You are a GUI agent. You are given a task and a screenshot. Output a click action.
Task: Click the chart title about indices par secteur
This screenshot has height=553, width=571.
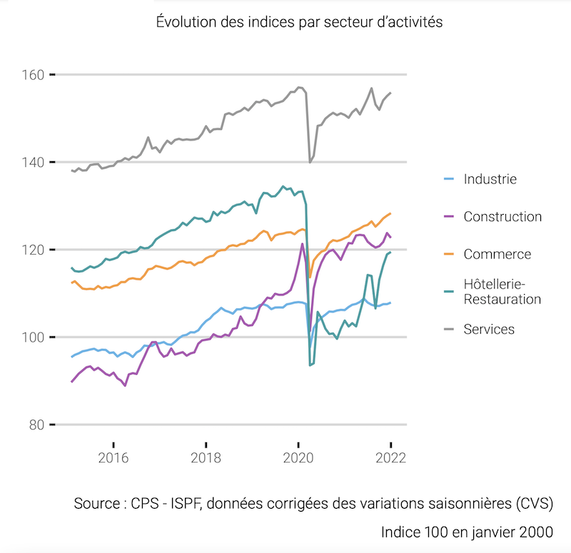(300, 22)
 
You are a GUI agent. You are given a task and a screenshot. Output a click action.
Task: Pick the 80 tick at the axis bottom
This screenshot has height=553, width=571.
(38, 425)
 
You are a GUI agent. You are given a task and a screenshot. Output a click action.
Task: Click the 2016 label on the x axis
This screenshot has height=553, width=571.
(113, 457)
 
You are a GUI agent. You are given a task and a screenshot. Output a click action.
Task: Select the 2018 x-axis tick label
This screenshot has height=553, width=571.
(206, 457)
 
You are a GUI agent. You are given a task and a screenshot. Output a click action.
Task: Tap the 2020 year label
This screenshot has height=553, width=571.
(298, 457)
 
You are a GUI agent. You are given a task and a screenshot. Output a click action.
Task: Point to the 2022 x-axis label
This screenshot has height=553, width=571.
(390, 457)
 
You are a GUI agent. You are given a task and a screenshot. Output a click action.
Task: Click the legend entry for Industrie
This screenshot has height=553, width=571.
(490, 179)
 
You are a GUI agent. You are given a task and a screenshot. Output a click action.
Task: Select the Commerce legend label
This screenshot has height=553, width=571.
(497, 254)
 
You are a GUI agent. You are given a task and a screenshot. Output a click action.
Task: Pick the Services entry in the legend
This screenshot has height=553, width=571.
(489, 329)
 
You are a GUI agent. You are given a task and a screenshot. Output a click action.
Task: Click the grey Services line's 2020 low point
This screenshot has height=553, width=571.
(310, 162)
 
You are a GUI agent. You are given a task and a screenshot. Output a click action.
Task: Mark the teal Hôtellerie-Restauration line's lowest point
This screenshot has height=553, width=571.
(310, 365)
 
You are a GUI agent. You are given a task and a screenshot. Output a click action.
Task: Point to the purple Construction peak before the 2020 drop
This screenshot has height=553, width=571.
(302, 244)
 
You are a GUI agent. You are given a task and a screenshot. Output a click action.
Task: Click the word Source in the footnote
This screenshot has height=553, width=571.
(96, 503)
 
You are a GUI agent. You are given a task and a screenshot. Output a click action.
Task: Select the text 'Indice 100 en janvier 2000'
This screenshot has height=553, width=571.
(467, 532)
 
